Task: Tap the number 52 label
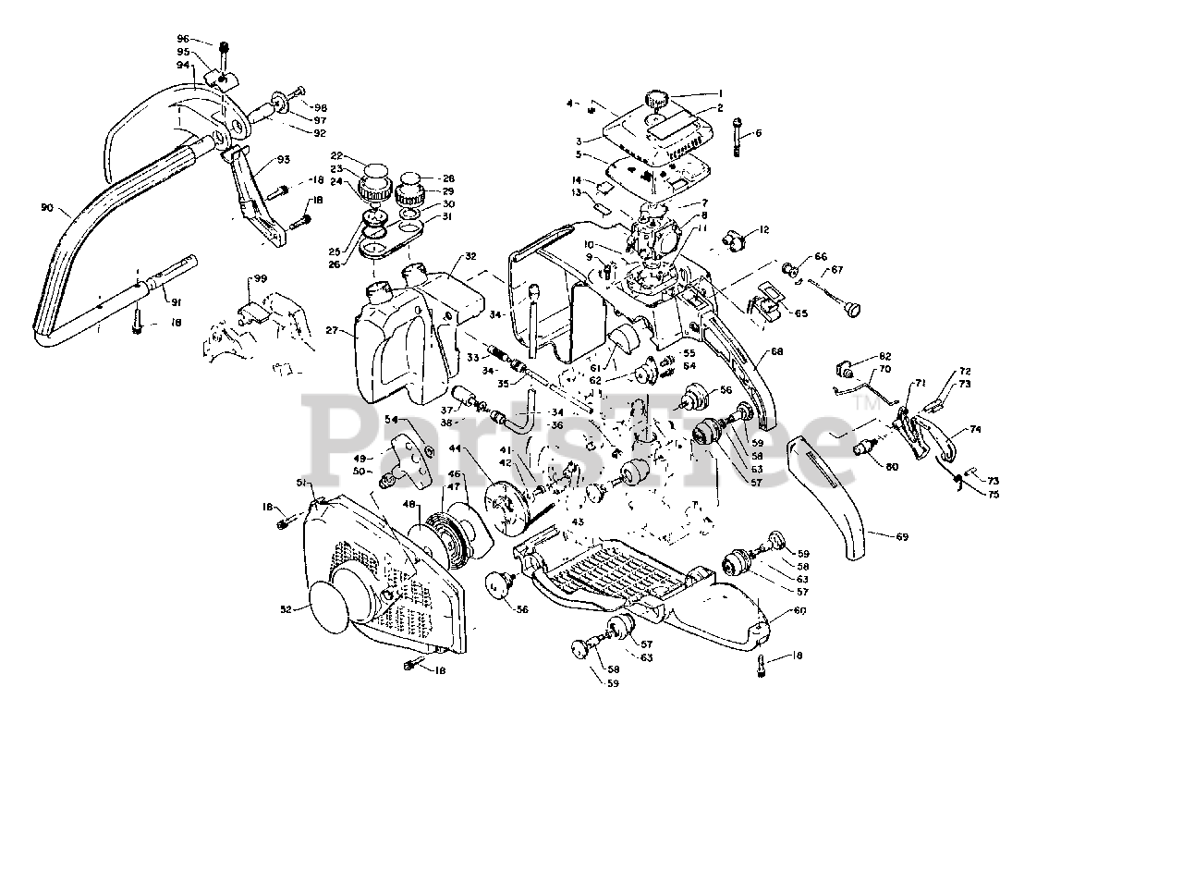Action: pyautogui.click(x=287, y=609)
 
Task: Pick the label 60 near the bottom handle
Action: pyautogui.click(x=800, y=610)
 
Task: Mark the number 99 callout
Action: pyautogui.click(x=261, y=278)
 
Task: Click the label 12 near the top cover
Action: pyautogui.click(x=764, y=229)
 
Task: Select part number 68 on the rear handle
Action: pyautogui.click(x=776, y=351)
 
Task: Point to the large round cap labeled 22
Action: pyautogui.click(x=375, y=173)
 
